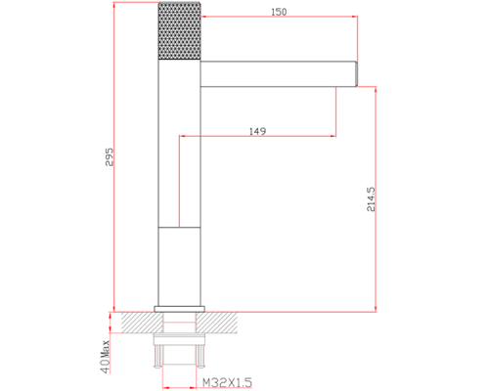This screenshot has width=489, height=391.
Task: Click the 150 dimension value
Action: click(x=279, y=12)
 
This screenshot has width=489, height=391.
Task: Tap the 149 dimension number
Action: click(x=257, y=131)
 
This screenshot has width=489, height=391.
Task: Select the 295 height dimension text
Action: click(x=110, y=157)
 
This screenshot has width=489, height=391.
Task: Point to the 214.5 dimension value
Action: click(x=371, y=199)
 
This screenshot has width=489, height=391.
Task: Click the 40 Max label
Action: click(x=106, y=357)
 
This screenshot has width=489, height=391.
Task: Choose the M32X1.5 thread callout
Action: click(x=228, y=382)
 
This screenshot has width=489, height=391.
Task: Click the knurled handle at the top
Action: click(x=179, y=31)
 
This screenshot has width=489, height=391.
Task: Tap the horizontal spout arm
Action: click(x=278, y=74)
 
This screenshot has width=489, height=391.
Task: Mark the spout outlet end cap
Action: click(x=356, y=74)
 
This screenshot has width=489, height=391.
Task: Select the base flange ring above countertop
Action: click(x=179, y=309)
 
